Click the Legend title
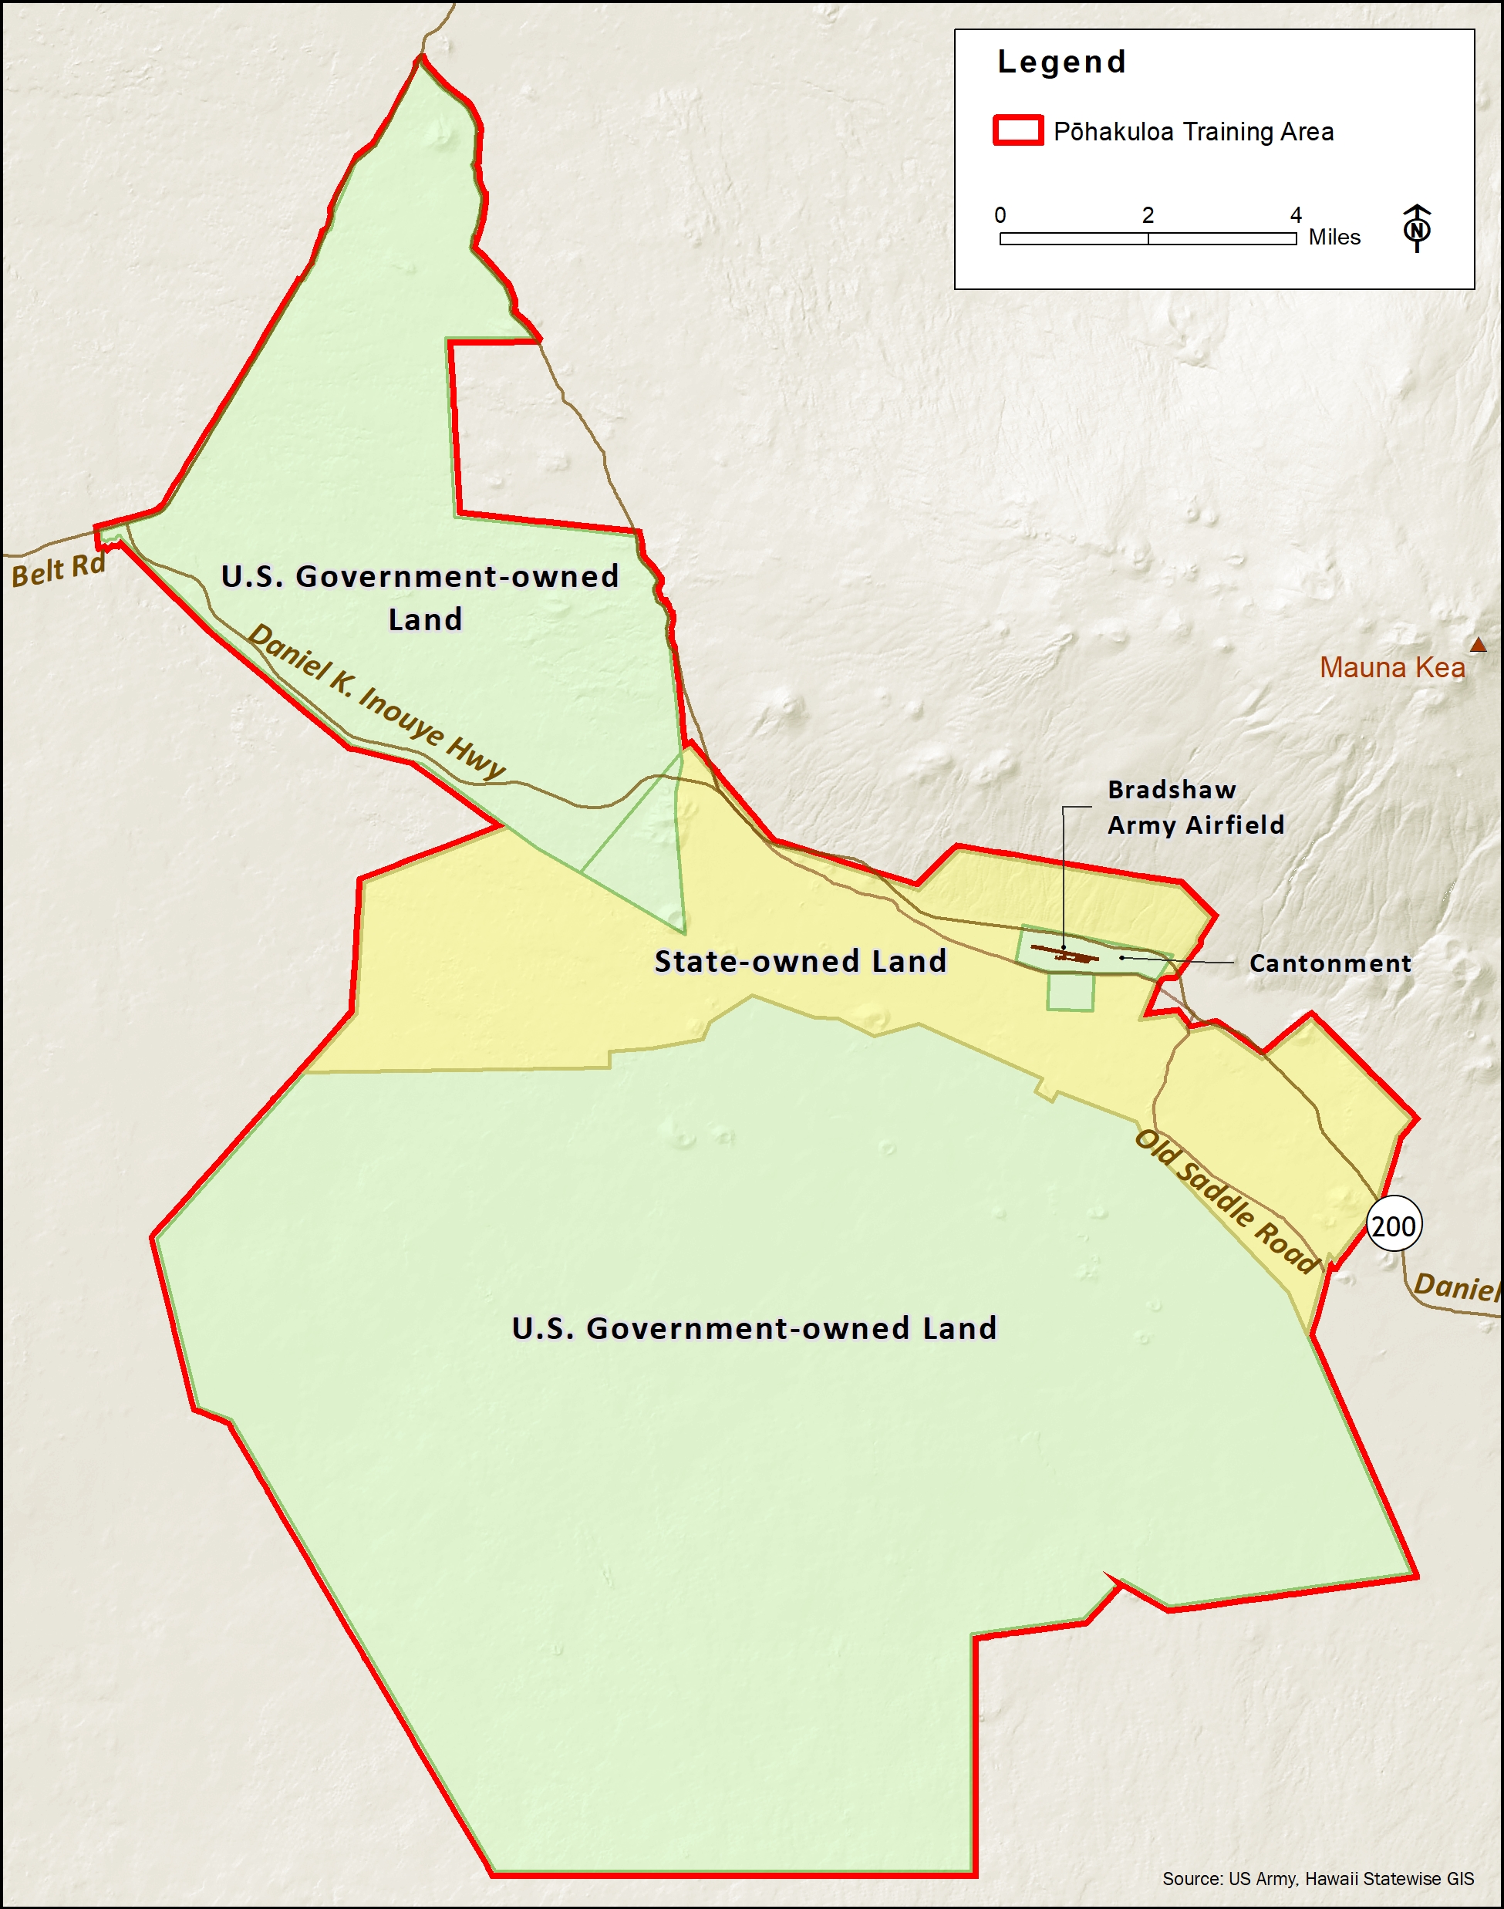coord(1061,62)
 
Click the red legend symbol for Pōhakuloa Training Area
coord(1018,130)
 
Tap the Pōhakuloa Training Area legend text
coord(1193,132)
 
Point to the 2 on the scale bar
coord(1148,215)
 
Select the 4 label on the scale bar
coord(1295,215)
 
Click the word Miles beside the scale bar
coord(1334,238)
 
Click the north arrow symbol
coord(1417,229)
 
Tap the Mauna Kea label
coord(1392,667)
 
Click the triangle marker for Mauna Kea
coord(1479,646)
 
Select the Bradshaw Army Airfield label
coord(1195,808)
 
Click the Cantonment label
coord(1330,963)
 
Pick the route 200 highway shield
coord(1394,1225)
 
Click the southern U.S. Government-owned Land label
coord(754,1329)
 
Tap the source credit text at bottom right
coord(1317,1879)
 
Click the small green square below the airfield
coord(1070,993)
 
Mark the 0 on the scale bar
coord(1000,215)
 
